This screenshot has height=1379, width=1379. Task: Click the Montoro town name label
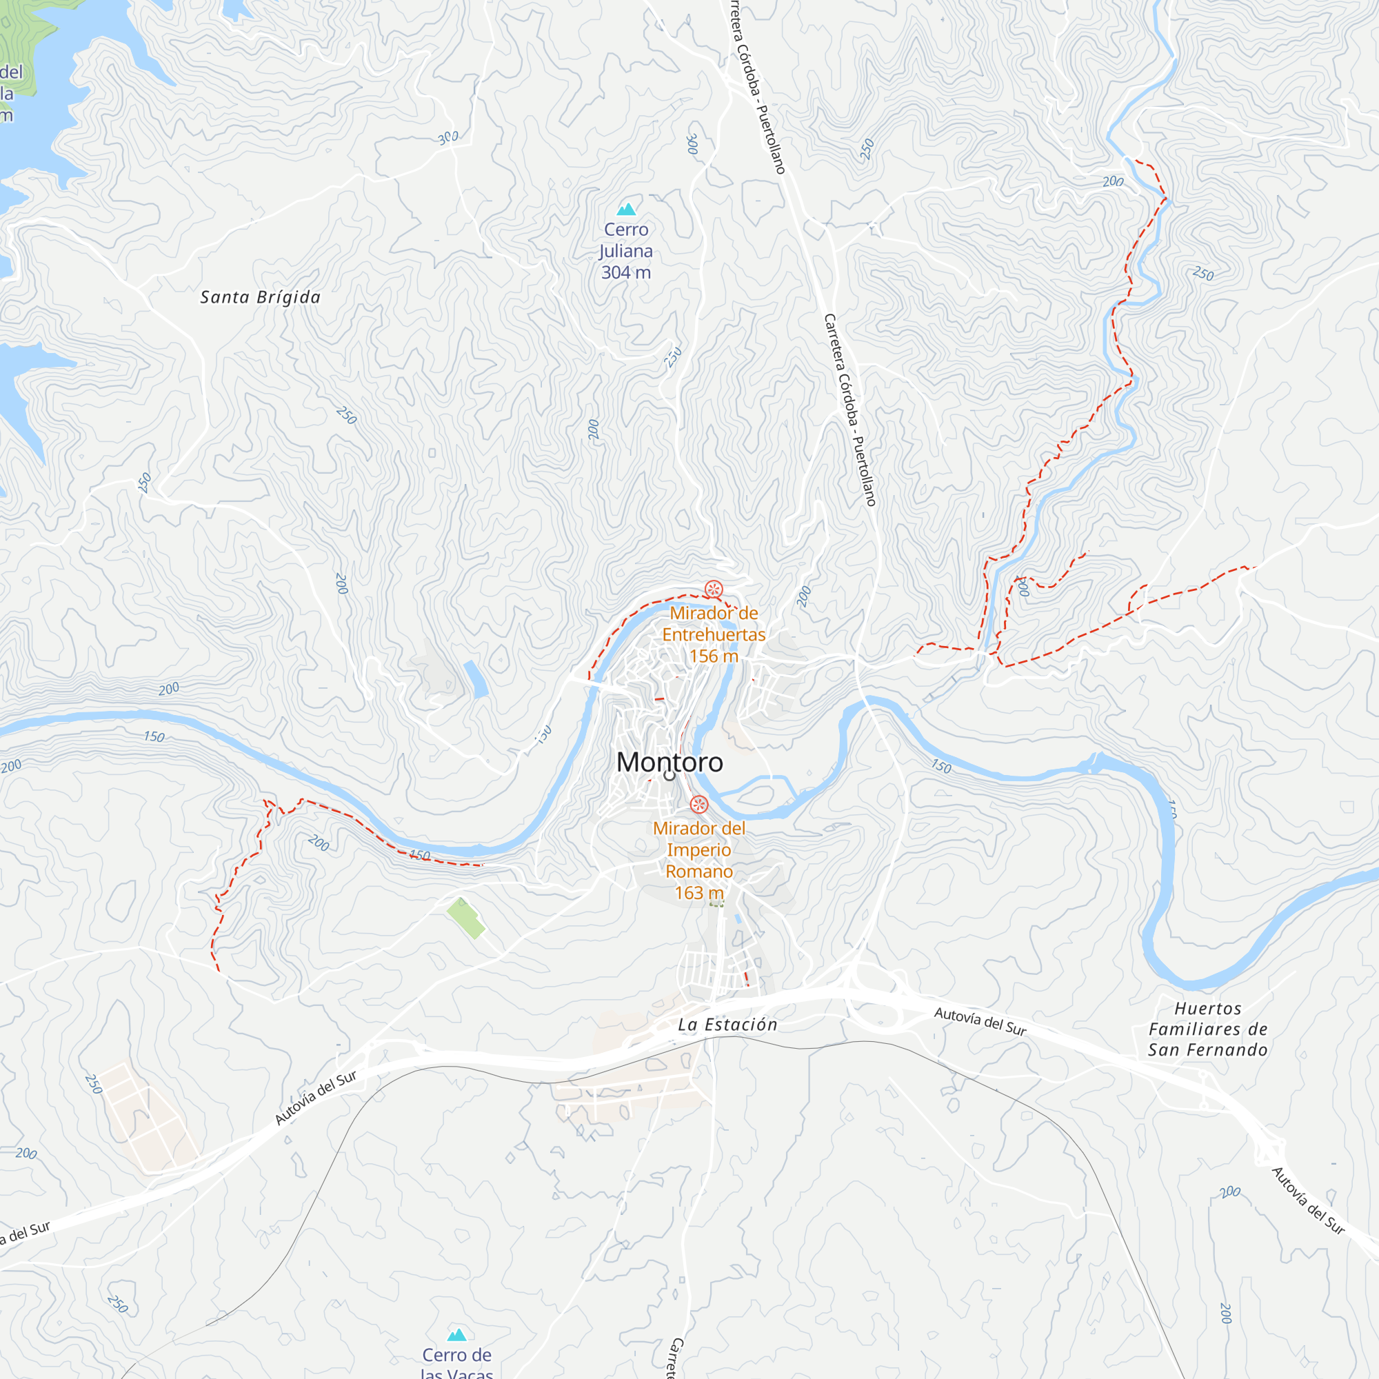pyautogui.click(x=670, y=763)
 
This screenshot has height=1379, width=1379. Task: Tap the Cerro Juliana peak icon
pyautogui.click(x=626, y=208)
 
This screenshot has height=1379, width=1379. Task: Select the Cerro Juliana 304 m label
pyautogui.click(x=626, y=250)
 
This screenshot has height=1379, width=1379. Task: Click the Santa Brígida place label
pyautogui.click(x=261, y=297)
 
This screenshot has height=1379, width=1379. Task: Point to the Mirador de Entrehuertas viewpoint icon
pyautogui.click(x=714, y=590)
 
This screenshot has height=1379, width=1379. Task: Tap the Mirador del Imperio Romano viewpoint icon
pyautogui.click(x=699, y=805)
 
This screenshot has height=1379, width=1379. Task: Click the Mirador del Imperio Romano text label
pyautogui.click(x=699, y=849)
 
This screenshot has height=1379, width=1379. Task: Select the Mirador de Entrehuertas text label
pyautogui.click(x=714, y=624)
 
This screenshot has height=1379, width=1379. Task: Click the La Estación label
pyautogui.click(x=727, y=1025)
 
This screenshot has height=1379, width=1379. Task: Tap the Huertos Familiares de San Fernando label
pyautogui.click(x=1208, y=1029)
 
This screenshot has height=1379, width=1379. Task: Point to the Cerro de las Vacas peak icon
pyautogui.click(x=457, y=1335)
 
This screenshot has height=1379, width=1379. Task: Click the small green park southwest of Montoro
pyautogui.click(x=465, y=918)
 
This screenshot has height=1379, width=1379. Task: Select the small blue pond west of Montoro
pyautogui.click(x=476, y=678)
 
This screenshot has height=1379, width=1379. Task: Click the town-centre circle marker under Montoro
pyautogui.click(x=670, y=775)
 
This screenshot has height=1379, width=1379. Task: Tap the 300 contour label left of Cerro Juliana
pyautogui.click(x=448, y=137)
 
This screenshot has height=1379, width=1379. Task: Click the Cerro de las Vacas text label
pyautogui.click(x=457, y=1363)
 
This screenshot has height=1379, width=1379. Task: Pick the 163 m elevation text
pyautogui.click(x=699, y=893)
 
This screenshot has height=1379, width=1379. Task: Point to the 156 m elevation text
pyautogui.click(x=714, y=656)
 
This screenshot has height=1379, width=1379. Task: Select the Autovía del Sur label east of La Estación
pyautogui.click(x=980, y=1021)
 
